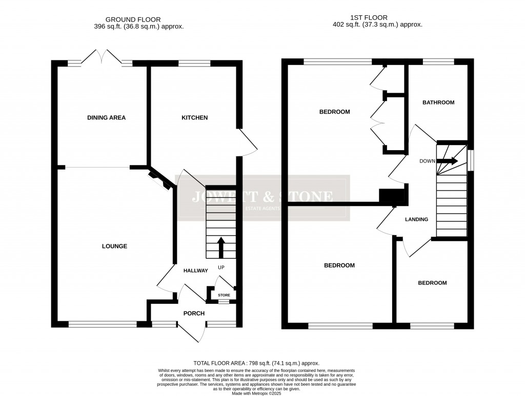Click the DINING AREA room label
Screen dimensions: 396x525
[x=106, y=118]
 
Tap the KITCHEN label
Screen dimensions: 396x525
[x=195, y=118]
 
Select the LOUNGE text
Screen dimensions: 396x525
[x=114, y=246]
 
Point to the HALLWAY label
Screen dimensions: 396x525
[x=196, y=271]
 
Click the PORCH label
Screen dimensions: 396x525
[x=194, y=314]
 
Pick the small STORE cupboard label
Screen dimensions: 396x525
[x=224, y=296]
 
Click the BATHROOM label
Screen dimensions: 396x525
[x=438, y=102]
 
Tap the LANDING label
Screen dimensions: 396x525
[x=416, y=220]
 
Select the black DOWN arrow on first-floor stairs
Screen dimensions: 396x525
[x=449, y=161]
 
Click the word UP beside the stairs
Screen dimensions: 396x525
[x=221, y=267]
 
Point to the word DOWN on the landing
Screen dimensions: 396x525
[x=427, y=161]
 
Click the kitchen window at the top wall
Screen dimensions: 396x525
[x=194, y=63]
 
